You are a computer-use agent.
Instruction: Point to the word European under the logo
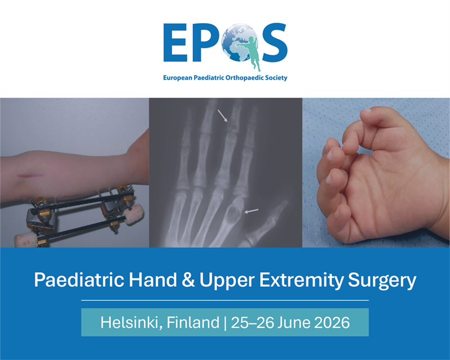[179, 78]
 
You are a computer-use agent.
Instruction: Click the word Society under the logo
[274, 78]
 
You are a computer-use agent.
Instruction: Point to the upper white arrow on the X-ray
[223, 115]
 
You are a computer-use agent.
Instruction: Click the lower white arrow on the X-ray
[252, 211]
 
